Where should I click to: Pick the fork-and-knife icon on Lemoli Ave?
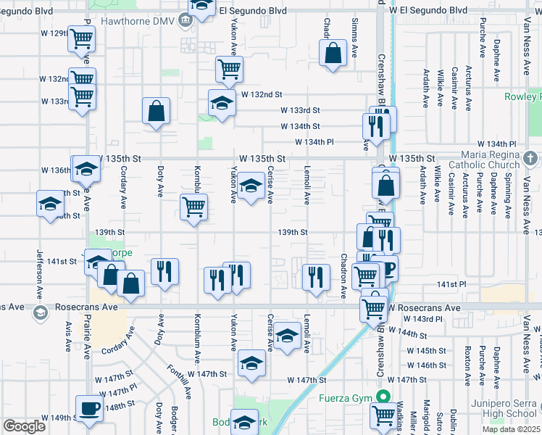pyautogui.click(x=315, y=276)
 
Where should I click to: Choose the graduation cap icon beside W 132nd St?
pyautogui.click(x=222, y=102)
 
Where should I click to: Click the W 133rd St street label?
pyautogui.click(x=301, y=110)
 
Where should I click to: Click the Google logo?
pyautogui.click(x=25, y=426)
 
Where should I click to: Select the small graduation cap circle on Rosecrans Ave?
pyautogui.click(x=39, y=312)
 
